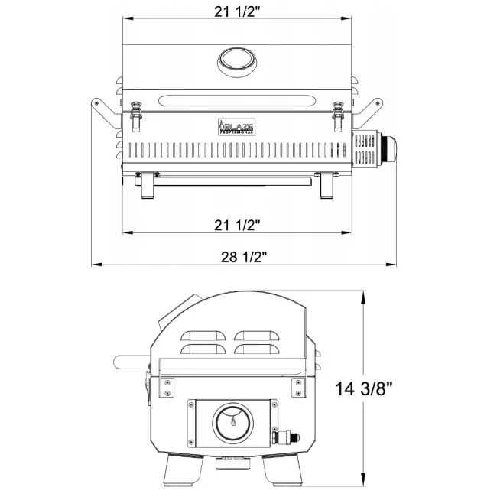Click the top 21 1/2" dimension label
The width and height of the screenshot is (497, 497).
point(237,11)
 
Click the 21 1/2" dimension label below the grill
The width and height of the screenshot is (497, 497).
point(237,225)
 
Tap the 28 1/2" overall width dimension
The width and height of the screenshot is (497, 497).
point(244,257)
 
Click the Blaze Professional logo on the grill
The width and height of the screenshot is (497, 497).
point(236,127)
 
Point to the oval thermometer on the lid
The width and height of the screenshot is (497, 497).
point(237,63)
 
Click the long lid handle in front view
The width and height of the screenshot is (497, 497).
point(237,101)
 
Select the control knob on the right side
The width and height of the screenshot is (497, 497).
point(388,149)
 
